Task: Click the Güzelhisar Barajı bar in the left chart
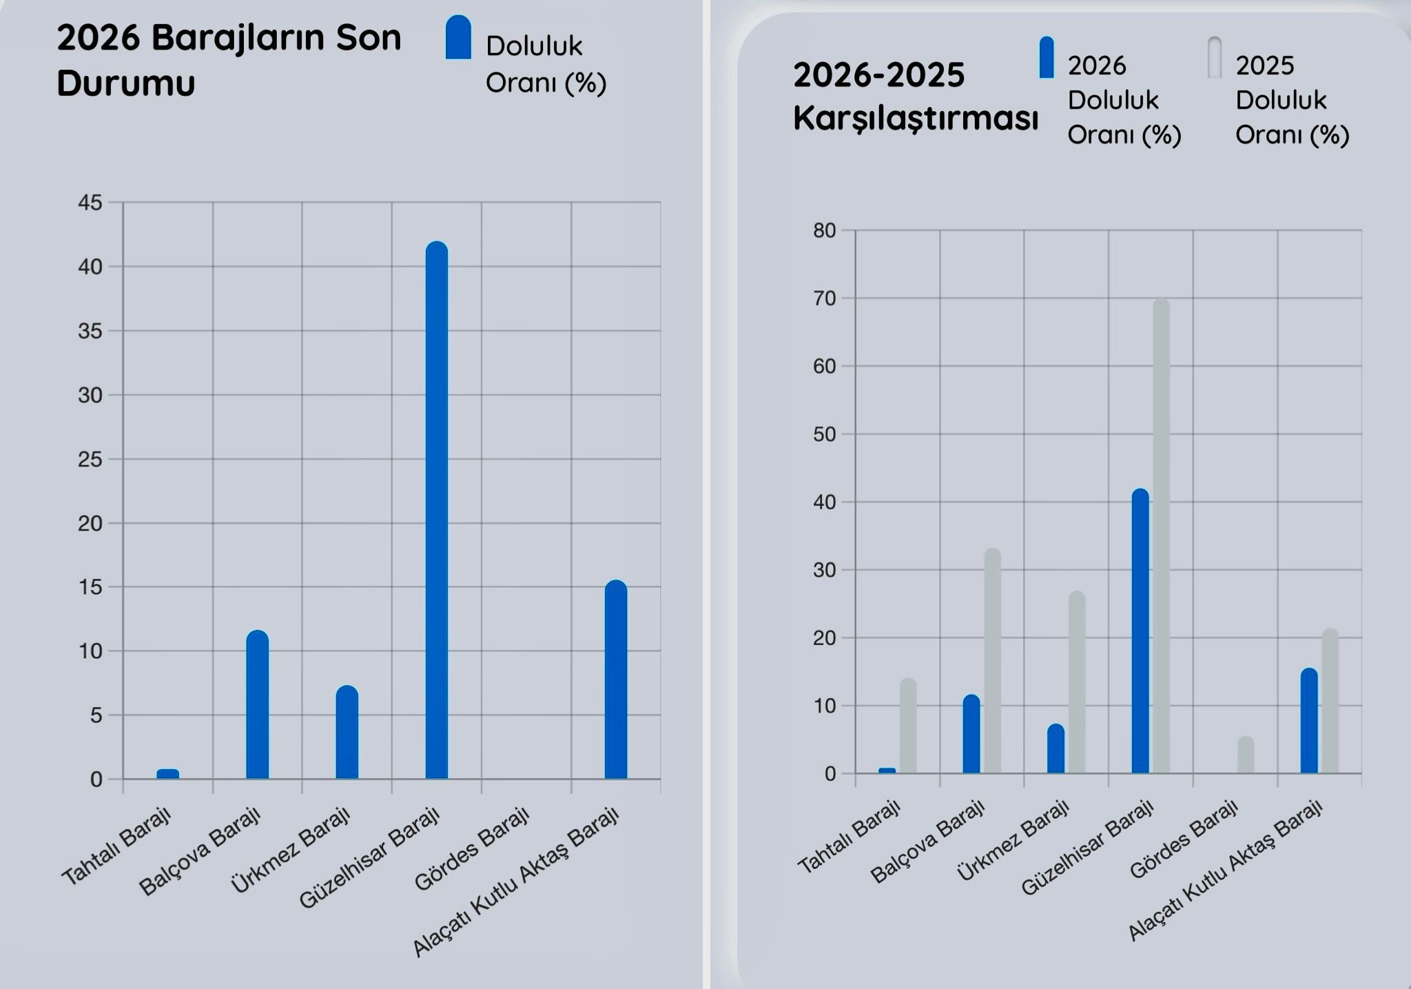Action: pos(437,510)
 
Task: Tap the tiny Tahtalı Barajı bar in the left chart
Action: pos(168,774)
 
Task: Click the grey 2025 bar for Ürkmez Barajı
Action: pos(1077,682)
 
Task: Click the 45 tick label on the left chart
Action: pos(90,203)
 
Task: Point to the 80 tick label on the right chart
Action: pos(824,230)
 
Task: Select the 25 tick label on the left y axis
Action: pos(90,459)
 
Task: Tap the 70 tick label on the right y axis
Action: pos(824,298)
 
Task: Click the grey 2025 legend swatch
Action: pos(1215,57)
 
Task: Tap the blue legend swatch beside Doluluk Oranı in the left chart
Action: pos(458,38)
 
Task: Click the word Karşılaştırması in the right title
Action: pos(916,118)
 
